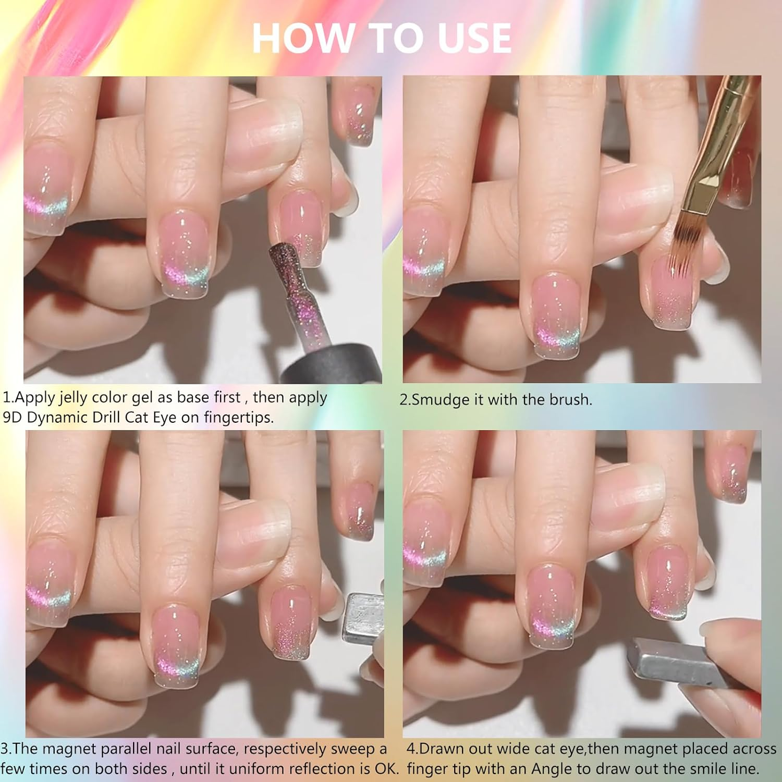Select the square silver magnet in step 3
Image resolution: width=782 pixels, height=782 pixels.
pyautogui.click(x=363, y=618)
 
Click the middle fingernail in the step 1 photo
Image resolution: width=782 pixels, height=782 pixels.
pyautogui.click(x=185, y=250)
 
